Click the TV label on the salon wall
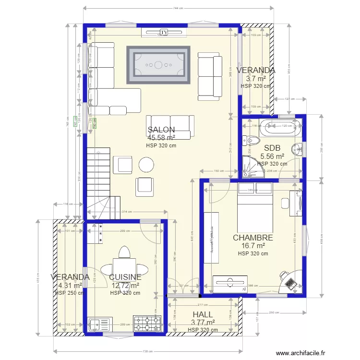click(164, 32)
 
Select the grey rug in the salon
click(158, 64)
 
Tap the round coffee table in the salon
click(146, 165)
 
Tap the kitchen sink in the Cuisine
click(99, 324)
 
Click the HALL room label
click(202, 315)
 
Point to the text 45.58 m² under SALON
click(161, 138)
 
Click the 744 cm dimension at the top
click(179, 8)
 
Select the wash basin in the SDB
click(299, 148)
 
